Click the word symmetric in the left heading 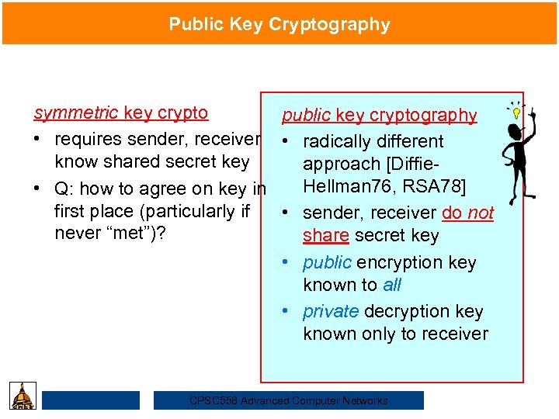click(x=76, y=113)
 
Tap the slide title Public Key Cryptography click(x=279, y=24)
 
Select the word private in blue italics click(x=331, y=311)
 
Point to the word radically click(x=337, y=141)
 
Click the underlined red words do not click(x=467, y=213)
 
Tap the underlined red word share click(x=325, y=235)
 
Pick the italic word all click(x=392, y=285)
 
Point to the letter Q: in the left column click(x=64, y=188)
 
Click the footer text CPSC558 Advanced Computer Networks click(x=289, y=400)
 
